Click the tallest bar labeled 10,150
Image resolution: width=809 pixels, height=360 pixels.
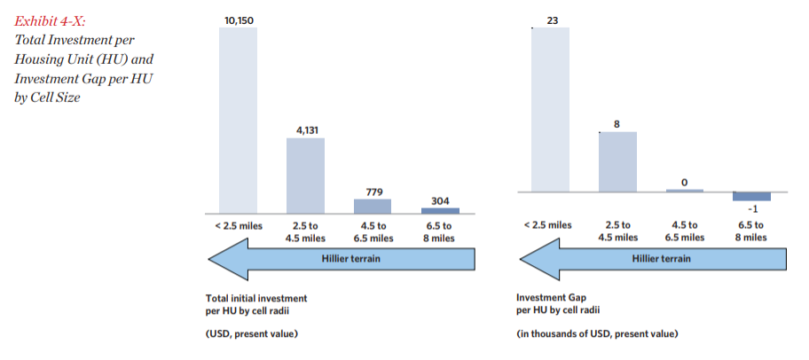[x=238, y=120]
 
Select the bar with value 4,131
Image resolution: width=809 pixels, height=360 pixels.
[x=305, y=176]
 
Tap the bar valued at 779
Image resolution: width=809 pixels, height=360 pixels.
[x=373, y=206]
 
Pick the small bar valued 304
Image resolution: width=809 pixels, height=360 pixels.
[x=440, y=210]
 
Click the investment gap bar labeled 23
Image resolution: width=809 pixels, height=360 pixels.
[x=550, y=109]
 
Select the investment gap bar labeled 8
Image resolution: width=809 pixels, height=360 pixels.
[x=617, y=161]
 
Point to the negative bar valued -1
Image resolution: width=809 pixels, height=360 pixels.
[x=752, y=196]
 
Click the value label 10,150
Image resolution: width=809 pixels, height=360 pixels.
[x=238, y=19]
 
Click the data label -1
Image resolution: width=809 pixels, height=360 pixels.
[x=752, y=209]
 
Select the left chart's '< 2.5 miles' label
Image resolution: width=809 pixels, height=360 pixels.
[x=238, y=225]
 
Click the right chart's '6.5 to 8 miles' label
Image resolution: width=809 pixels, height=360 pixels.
[x=752, y=231]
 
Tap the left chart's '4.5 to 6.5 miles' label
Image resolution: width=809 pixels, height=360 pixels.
[x=373, y=231]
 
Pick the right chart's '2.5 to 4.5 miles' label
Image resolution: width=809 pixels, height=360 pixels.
[x=617, y=231]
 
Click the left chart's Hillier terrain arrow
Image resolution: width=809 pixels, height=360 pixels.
[x=341, y=259]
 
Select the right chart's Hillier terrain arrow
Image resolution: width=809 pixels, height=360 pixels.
[x=653, y=259]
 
